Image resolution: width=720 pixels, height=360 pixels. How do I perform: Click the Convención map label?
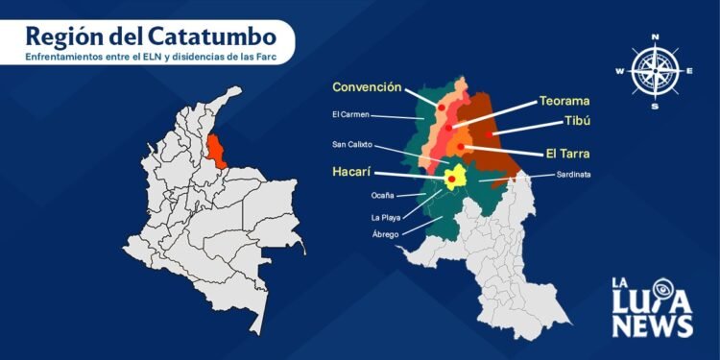[x=367, y=87]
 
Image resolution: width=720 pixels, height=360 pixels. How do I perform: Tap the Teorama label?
[x=564, y=100]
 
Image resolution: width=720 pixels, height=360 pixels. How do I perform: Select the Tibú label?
[x=577, y=123]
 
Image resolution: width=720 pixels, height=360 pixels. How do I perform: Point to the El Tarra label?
[x=567, y=153]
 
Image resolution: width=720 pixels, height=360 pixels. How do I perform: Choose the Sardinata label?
[x=573, y=175]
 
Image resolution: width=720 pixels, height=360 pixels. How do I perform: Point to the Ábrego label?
[x=386, y=234]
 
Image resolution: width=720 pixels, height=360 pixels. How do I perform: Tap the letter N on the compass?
[x=656, y=36]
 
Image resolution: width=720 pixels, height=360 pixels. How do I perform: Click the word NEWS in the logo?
[x=653, y=325]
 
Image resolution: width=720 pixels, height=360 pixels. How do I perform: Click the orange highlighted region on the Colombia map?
[x=218, y=150]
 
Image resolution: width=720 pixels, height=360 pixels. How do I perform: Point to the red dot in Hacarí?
[x=452, y=178]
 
